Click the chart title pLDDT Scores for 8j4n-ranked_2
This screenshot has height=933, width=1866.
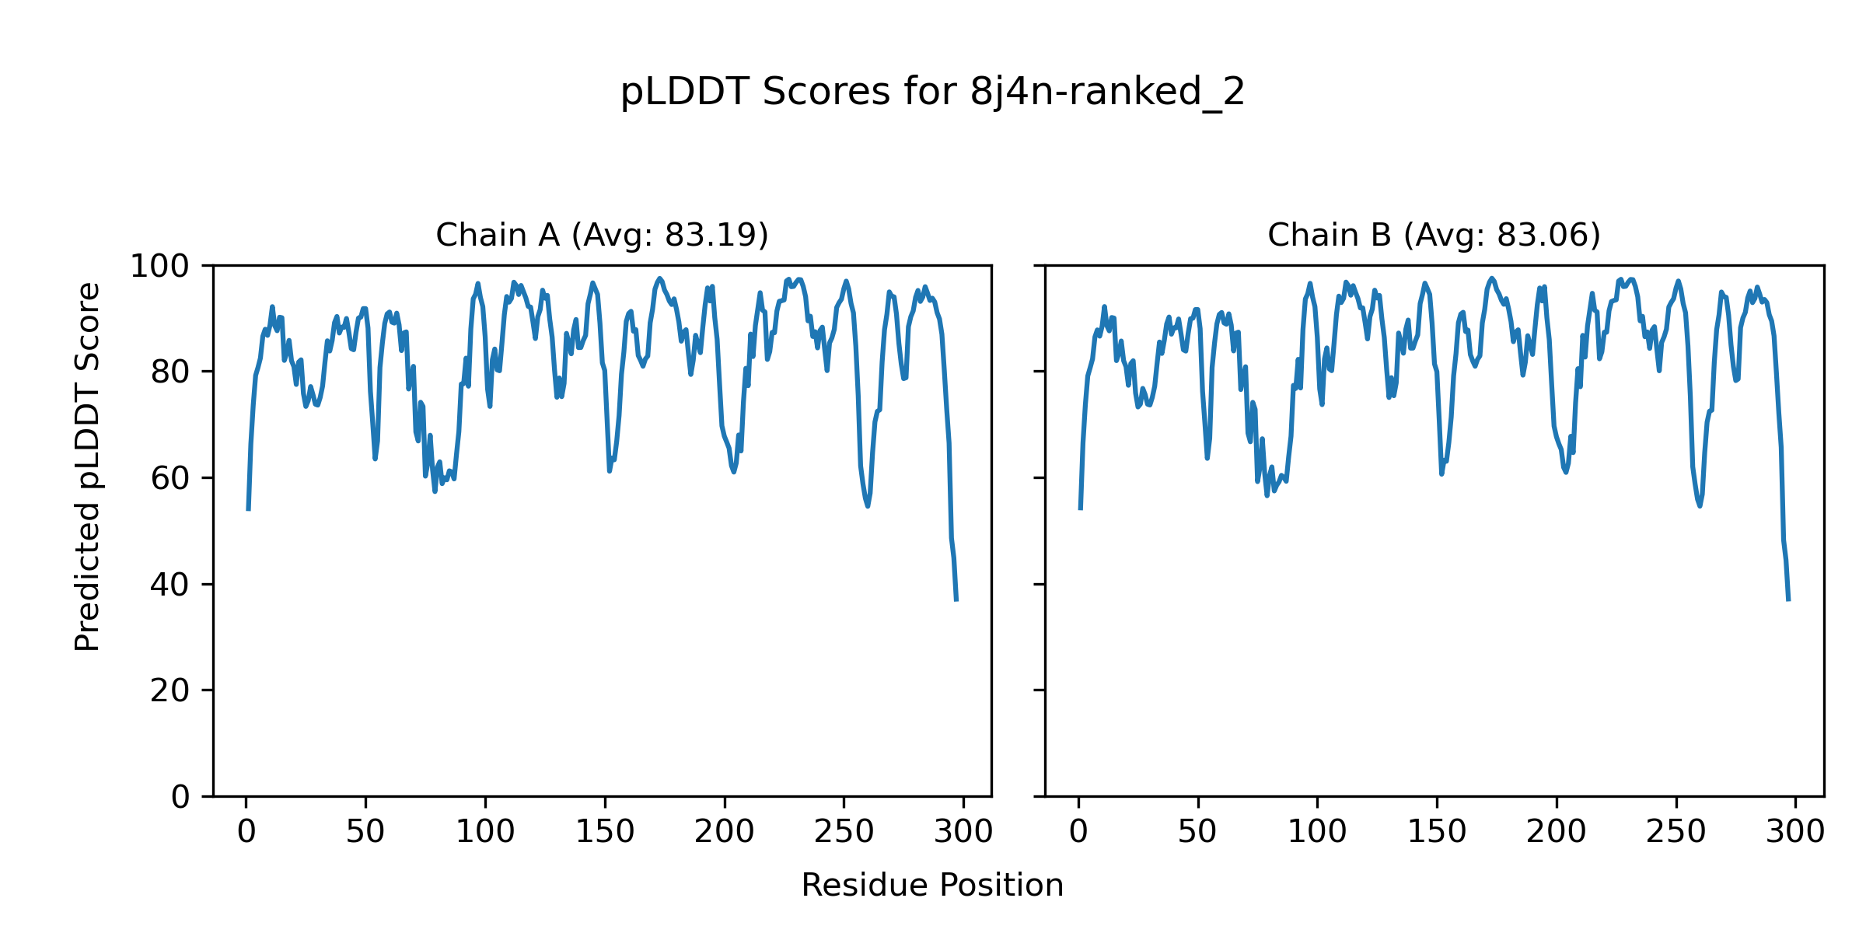[x=932, y=93]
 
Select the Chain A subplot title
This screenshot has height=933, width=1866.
[x=602, y=235]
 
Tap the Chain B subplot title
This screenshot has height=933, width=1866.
[x=1434, y=235]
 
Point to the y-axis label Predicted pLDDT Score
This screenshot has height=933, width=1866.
[x=88, y=466]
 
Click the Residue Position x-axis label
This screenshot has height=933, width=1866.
[x=932, y=886]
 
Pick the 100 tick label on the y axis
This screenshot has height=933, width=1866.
[x=159, y=267]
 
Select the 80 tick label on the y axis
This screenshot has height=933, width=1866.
[x=170, y=372]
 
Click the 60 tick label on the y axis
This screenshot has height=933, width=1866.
[x=170, y=479]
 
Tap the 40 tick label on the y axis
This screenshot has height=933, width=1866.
[x=170, y=585]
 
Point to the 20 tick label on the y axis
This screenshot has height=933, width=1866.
[x=170, y=691]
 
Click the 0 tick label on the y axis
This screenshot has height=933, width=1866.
[x=180, y=797]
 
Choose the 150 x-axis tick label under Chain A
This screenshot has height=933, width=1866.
[x=605, y=833]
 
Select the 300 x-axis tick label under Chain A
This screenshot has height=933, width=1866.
[x=963, y=833]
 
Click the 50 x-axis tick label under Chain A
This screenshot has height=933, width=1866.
[x=365, y=833]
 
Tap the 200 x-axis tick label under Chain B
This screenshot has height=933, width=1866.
[x=1556, y=833]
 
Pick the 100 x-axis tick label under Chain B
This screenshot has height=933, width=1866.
[x=1317, y=833]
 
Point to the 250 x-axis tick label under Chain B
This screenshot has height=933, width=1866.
[x=1676, y=833]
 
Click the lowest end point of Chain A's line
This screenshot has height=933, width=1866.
[x=956, y=600]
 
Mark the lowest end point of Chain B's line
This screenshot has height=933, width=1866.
[x=1788, y=600]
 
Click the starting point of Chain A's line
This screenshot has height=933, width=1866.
[x=248, y=509]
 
